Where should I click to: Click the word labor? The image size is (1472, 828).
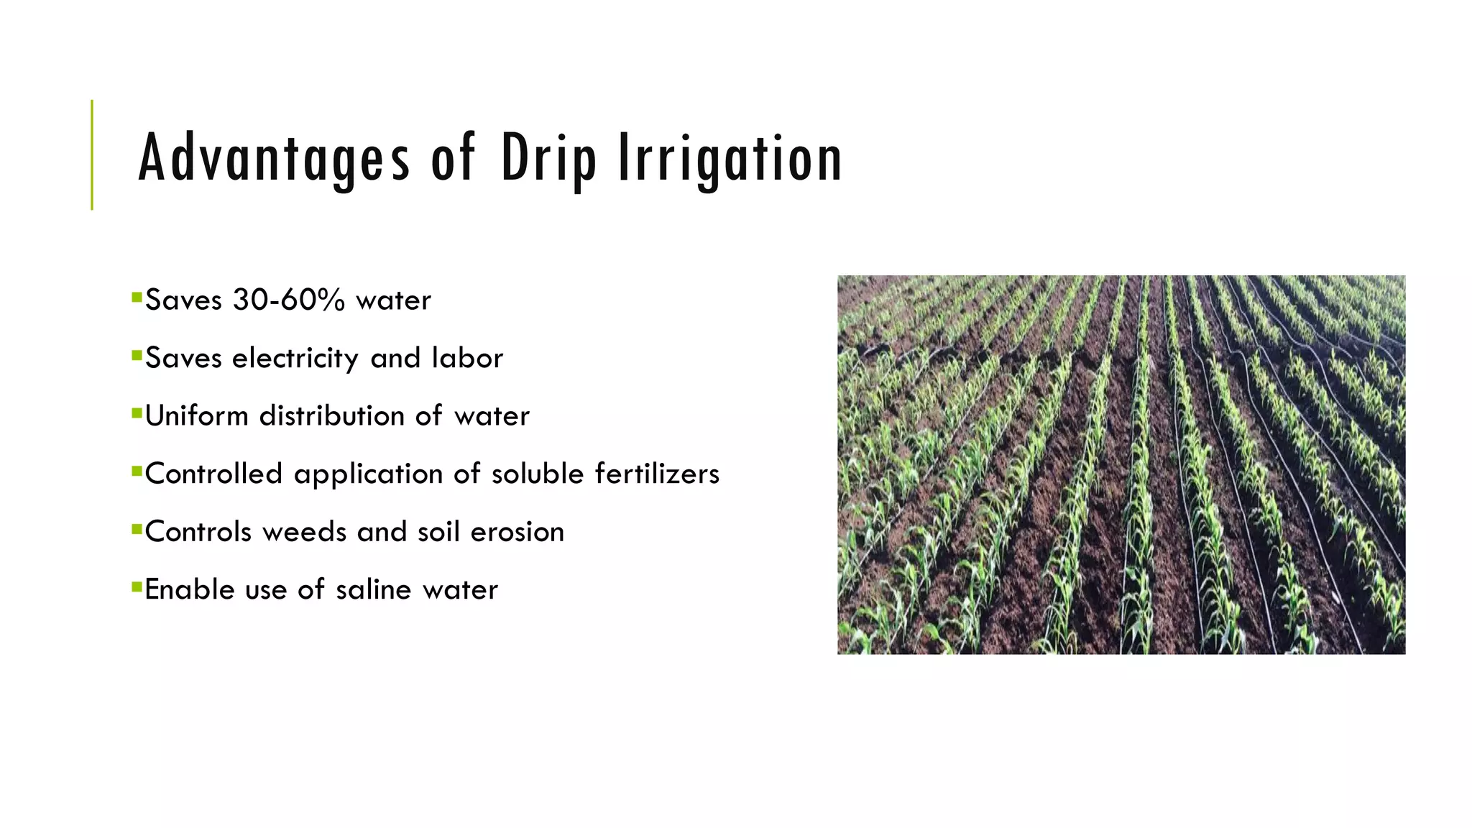(x=467, y=359)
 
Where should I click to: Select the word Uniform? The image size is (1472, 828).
(x=196, y=416)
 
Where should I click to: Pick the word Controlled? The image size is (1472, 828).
(x=213, y=474)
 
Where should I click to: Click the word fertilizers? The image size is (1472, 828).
(x=657, y=474)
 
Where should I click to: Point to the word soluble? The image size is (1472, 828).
(x=538, y=474)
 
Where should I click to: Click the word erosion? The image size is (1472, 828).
(x=517, y=533)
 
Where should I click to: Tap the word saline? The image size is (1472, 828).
(x=373, y=590)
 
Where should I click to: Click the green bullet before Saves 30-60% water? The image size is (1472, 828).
(x=137, y=296)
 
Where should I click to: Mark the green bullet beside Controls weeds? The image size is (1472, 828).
(x=137, y=528)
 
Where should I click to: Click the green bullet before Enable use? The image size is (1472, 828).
(x=137, y=586)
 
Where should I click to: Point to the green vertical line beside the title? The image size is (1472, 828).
(x=92, y=155)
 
